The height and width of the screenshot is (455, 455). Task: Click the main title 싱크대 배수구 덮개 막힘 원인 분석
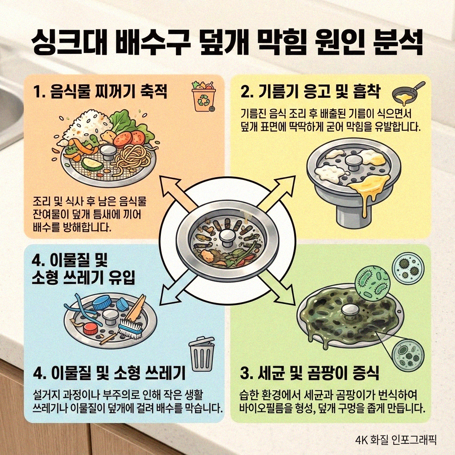(227, 42)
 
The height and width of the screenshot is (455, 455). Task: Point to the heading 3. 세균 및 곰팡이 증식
(309, 373)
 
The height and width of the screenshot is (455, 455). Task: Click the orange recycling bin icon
(203, 96)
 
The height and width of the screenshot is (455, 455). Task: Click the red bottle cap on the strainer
(91, 329)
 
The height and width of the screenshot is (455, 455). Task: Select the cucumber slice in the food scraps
(92, 165)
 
